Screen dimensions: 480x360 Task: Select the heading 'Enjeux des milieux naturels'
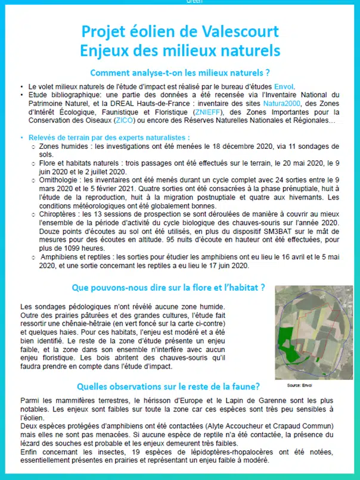(179, 48)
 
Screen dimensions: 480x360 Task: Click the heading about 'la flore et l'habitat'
(168, 287)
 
